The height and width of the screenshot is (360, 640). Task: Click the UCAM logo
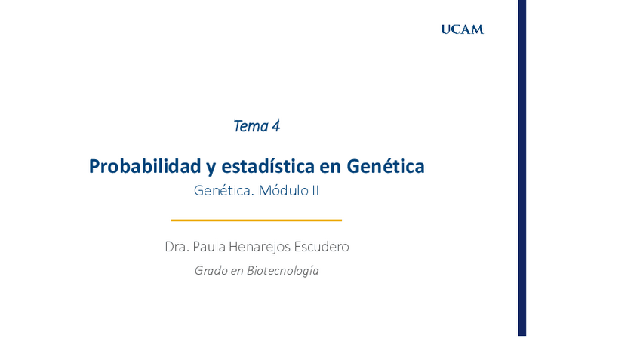(x=462, y=29)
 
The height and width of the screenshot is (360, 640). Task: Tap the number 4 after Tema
(x=276, y=126)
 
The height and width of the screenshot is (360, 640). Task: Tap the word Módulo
(x=284, y=191)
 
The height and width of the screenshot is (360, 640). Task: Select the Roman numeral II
(x=315, y=191)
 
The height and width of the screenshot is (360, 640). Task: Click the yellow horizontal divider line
(x=256, y=220)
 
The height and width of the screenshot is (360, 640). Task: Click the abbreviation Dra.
(x=177, y=247)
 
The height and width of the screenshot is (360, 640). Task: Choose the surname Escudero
(x=322, y=247)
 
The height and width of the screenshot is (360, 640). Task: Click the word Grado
(x=211, y=271)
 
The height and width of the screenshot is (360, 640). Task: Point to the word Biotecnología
(x=283, y=271)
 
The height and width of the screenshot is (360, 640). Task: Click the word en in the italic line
(x=237, y=271)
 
